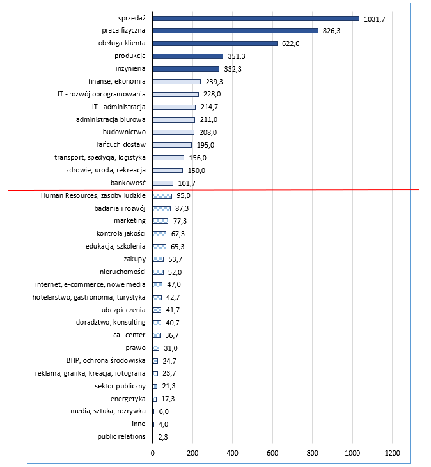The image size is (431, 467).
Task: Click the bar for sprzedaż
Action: tap(256, 19)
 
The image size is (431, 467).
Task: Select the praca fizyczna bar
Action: tap(235, 31)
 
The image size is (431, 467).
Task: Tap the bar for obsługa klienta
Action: tap(215, 43)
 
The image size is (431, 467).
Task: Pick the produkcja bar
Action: tap(188, 56)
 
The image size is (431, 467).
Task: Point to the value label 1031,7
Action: tap(374, 19)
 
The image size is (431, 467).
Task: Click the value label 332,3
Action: tap(233, 69)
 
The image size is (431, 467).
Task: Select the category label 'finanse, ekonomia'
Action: tap(116, 81)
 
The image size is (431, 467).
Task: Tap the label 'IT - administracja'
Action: tap(119, 107)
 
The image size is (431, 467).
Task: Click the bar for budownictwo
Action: tap(173, 132)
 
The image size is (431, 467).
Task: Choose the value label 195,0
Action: tap(205, 145)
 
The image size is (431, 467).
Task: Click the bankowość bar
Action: tap(162, 183)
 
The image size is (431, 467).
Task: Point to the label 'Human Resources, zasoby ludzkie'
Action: tap(93, 195)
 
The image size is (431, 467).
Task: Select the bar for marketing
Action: tap(161, 221)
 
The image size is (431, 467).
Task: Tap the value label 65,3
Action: tap(177, 247)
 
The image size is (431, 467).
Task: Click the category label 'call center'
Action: tap(129, 335)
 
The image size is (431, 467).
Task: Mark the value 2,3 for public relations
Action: tap(163, 437)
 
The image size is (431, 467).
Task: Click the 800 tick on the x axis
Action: tap(312, 453)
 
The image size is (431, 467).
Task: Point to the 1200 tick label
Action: tap(392, 453)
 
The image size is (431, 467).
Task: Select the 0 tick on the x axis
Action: tap(153, 453)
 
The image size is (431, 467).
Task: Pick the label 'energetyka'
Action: tap(128, 399)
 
